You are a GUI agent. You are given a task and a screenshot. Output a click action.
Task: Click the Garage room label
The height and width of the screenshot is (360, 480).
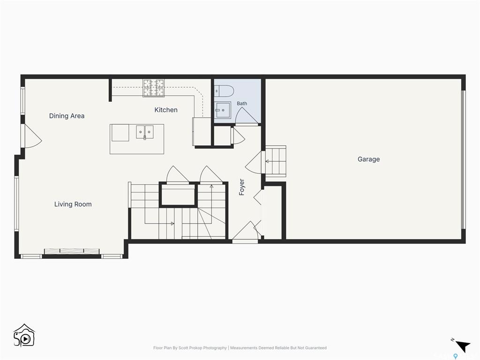click(368, 159)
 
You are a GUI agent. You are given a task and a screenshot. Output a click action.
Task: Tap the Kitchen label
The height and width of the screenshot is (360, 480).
click(166, 110)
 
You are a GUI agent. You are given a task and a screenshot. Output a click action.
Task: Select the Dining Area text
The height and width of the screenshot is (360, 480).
click(67, 116)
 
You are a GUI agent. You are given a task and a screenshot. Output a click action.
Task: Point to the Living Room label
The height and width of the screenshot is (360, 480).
click(73, 204)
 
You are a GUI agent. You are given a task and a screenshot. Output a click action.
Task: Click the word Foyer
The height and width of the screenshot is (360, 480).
click(242, 187)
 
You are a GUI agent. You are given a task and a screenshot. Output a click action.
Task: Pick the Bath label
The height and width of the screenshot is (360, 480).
click(242, 104)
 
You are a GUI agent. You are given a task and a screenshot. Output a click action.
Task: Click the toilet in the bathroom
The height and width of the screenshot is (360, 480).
click(224, 91)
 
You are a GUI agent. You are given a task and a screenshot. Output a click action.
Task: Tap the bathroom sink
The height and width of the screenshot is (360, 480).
click(222, 110)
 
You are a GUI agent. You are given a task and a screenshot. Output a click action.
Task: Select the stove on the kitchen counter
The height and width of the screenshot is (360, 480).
click(154, 88)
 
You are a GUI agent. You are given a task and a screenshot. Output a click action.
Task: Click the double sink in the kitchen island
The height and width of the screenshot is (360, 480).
click(145, 132)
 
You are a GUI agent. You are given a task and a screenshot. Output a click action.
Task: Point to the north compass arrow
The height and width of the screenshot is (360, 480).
click(463, 346)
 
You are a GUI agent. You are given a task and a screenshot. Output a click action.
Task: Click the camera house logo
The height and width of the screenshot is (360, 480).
click(24, 336)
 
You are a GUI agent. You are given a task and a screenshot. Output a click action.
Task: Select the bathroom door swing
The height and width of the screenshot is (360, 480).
click(247, 116)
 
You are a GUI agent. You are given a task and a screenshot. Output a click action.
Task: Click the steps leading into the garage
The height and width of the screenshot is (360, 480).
click(276, 161)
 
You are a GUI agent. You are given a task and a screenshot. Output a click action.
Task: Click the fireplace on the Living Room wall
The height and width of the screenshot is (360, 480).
click(72, 252)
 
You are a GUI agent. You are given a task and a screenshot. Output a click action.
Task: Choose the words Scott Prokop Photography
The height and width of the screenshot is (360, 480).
click(202, 348)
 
